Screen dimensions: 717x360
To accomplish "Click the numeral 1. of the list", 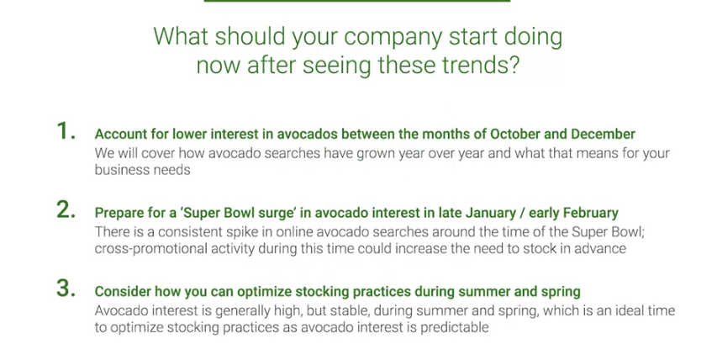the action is coord(66,131).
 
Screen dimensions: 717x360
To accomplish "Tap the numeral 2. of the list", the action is coord(66,210).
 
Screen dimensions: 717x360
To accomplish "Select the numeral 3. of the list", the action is coord(66,289).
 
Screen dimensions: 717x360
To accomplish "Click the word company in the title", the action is coord(393,38).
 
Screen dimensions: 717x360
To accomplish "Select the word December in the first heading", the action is coord(603,134).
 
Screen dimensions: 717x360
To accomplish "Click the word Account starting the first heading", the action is coord(116,134).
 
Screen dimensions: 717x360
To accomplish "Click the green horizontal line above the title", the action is coord(356,1).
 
